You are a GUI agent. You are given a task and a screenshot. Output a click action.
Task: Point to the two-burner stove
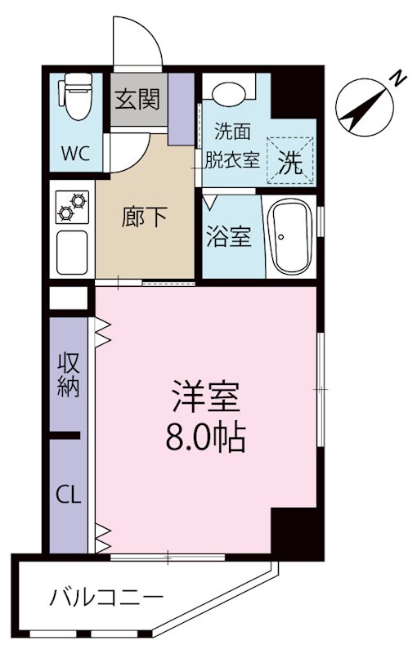click(x=71, y=208)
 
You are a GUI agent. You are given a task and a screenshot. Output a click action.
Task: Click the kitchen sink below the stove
click(x=72, y=252)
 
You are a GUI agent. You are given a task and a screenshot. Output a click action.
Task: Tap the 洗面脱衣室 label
click(x=237, y=144)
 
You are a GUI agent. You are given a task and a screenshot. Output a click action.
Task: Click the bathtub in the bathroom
click(x=292, y=238)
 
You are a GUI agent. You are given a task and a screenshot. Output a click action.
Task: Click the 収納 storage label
click(x=68, y=374)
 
